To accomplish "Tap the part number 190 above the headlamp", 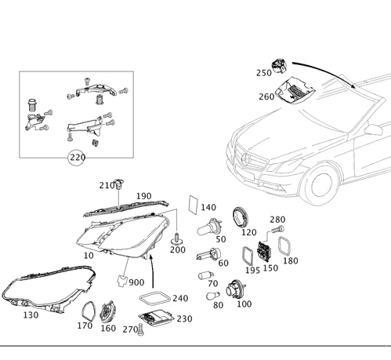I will click(x=144, y=196).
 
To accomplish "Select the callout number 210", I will click(x=107, y=186).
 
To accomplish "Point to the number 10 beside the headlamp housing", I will click(x=89, y=255).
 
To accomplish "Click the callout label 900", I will click(x=136, y=282).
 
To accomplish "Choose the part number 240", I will click(x=181, y=299).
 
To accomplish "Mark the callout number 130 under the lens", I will click(x=31, y=315).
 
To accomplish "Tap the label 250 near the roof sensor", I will click(x=263, y=72).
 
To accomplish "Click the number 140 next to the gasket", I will click(x=208, y=208).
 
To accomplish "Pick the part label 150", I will click(x=271, y=267).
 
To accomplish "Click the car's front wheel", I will click(x=320, y=184).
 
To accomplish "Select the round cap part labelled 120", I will click(x=241, y=216).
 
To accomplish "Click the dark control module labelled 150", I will click(x=264, y=253).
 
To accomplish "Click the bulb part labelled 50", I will click(x=207, y=228).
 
